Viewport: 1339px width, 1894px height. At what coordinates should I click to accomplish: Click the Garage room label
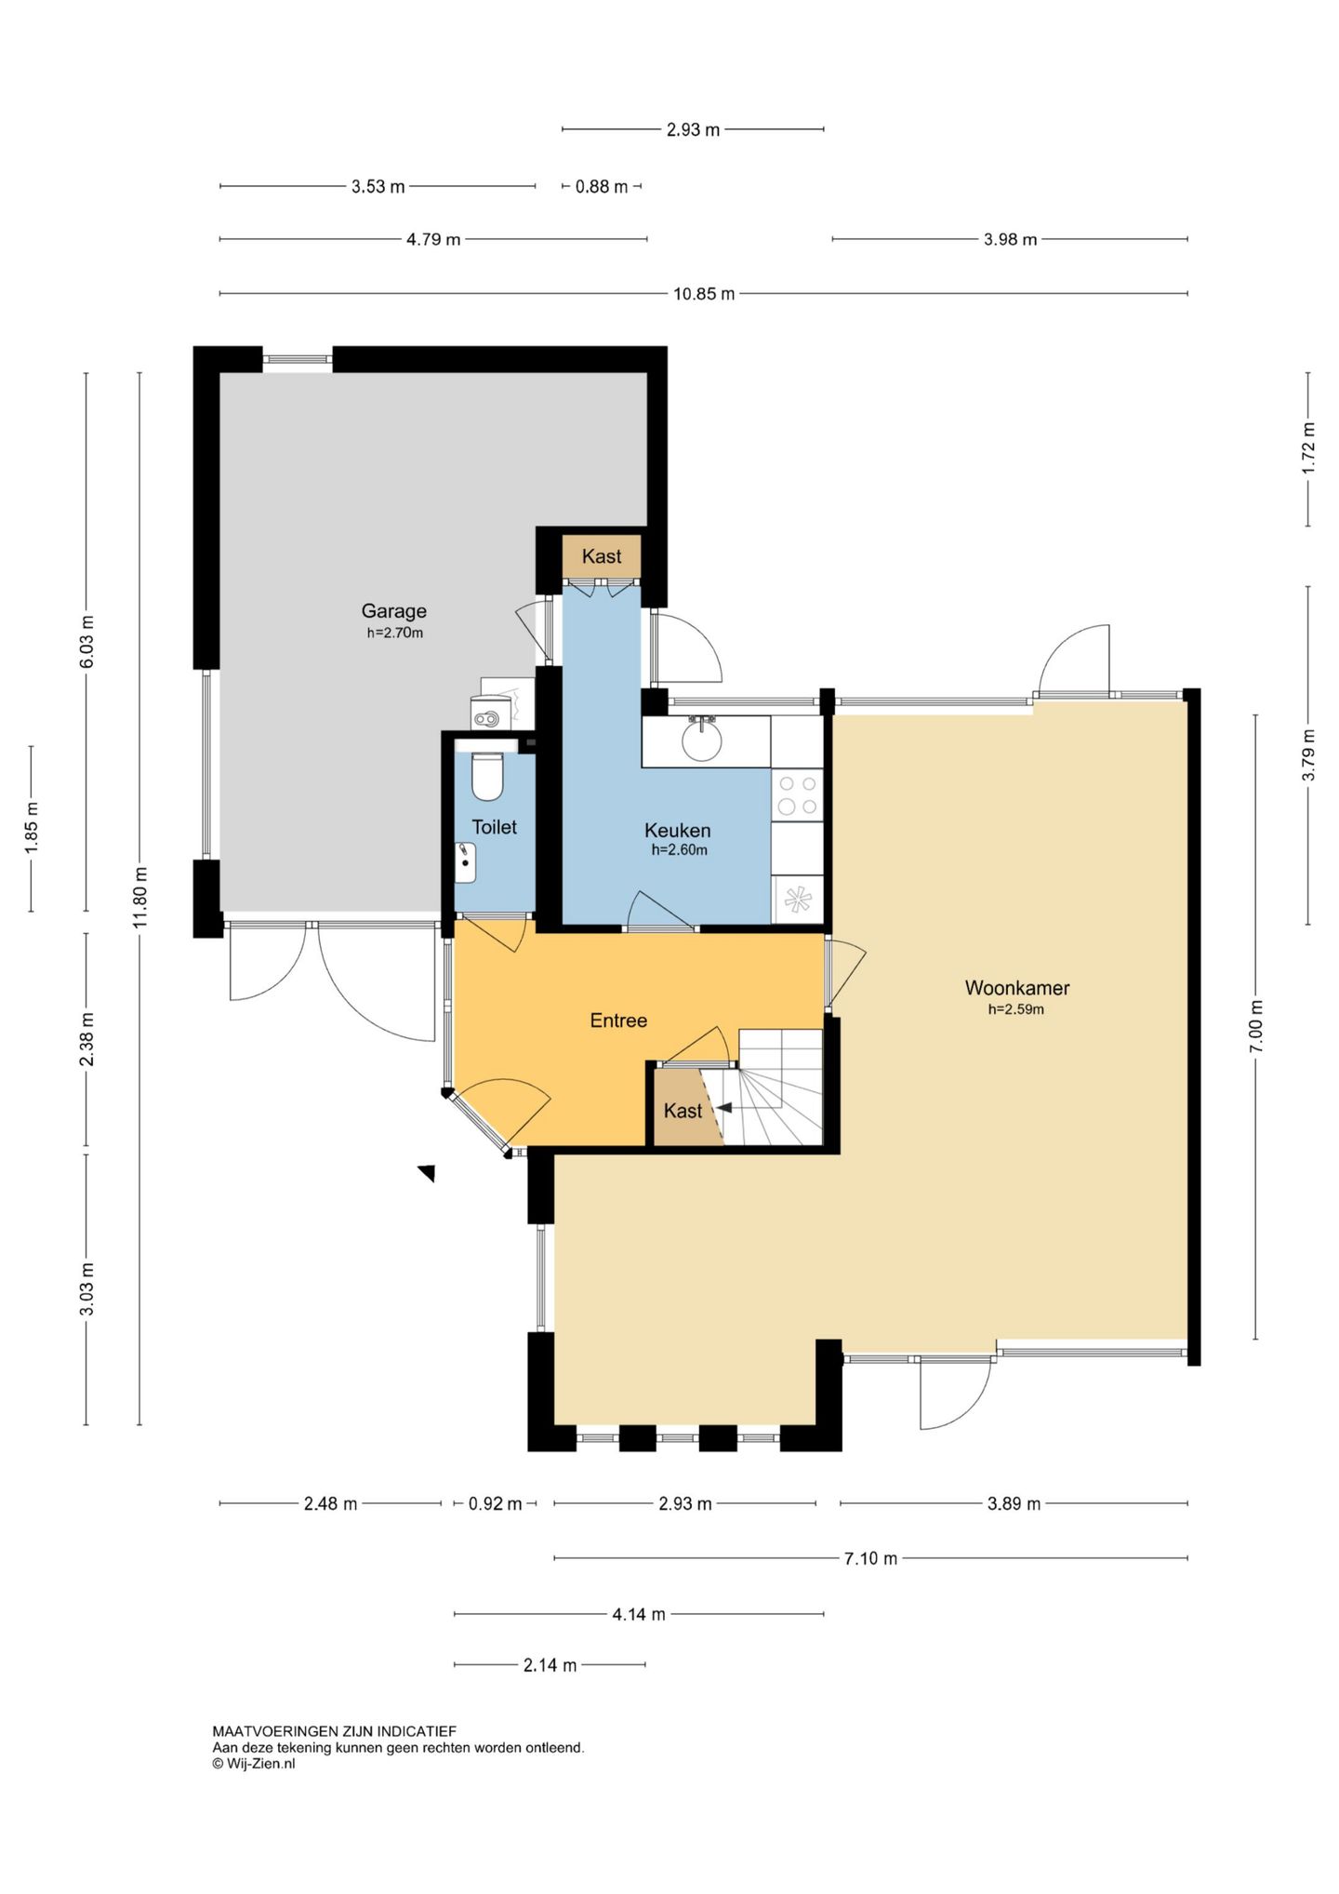[x=394, y=611]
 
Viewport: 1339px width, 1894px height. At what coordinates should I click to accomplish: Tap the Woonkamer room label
[x=1016, y=988]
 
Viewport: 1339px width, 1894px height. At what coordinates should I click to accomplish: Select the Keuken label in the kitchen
[x=678, y=831]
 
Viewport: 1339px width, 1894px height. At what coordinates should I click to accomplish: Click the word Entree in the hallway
[x=618, y=1020]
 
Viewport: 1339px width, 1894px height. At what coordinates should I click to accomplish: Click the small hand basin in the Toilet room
[x=465, y=862]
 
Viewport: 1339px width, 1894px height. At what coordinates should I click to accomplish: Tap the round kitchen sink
[x=701, y=740]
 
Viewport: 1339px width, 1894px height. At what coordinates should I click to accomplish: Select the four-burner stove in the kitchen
[x=798, y=795]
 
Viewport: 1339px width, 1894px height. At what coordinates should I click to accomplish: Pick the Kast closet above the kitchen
[x=602, y=556]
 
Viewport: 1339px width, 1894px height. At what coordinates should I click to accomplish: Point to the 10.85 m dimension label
[x=704, y=294]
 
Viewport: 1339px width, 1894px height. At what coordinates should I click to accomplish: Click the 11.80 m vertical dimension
[x=140, y=897]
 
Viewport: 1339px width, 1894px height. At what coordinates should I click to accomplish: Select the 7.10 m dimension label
[x=870, y=1558]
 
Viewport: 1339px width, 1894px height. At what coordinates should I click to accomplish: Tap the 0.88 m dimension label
[x=602, y=187]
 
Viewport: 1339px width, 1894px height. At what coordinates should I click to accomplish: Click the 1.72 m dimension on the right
[x=1308, y=448]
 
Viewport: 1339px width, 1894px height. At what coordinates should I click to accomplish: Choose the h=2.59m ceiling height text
[x=1016, y=1009]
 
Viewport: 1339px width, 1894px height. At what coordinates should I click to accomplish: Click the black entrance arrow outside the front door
[x=428, y=1173]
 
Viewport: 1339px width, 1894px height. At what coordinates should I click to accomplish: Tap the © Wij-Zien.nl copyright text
[x=254, y=1763]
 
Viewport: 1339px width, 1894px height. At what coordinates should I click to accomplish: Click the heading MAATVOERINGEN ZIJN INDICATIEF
[x=335, y=1731]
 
